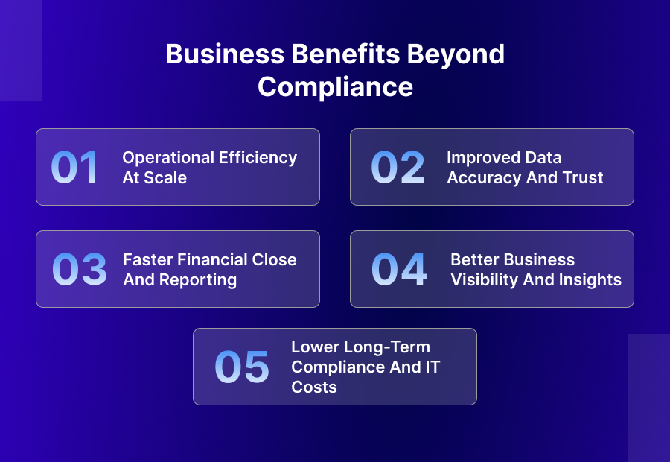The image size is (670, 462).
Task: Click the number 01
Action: click(x=74, y=168)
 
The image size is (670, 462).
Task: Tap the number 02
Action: click(x=398, y=168)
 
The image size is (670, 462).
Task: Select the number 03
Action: click(x=80, y=270)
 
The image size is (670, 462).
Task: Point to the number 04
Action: click(x=400, y=270)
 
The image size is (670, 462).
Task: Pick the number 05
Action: click(x=242, y=367)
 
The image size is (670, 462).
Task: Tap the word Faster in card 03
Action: click(x=148, y=260)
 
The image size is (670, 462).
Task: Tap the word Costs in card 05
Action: click(x=314, y=387)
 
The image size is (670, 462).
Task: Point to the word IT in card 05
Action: click(x=432, y=367)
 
